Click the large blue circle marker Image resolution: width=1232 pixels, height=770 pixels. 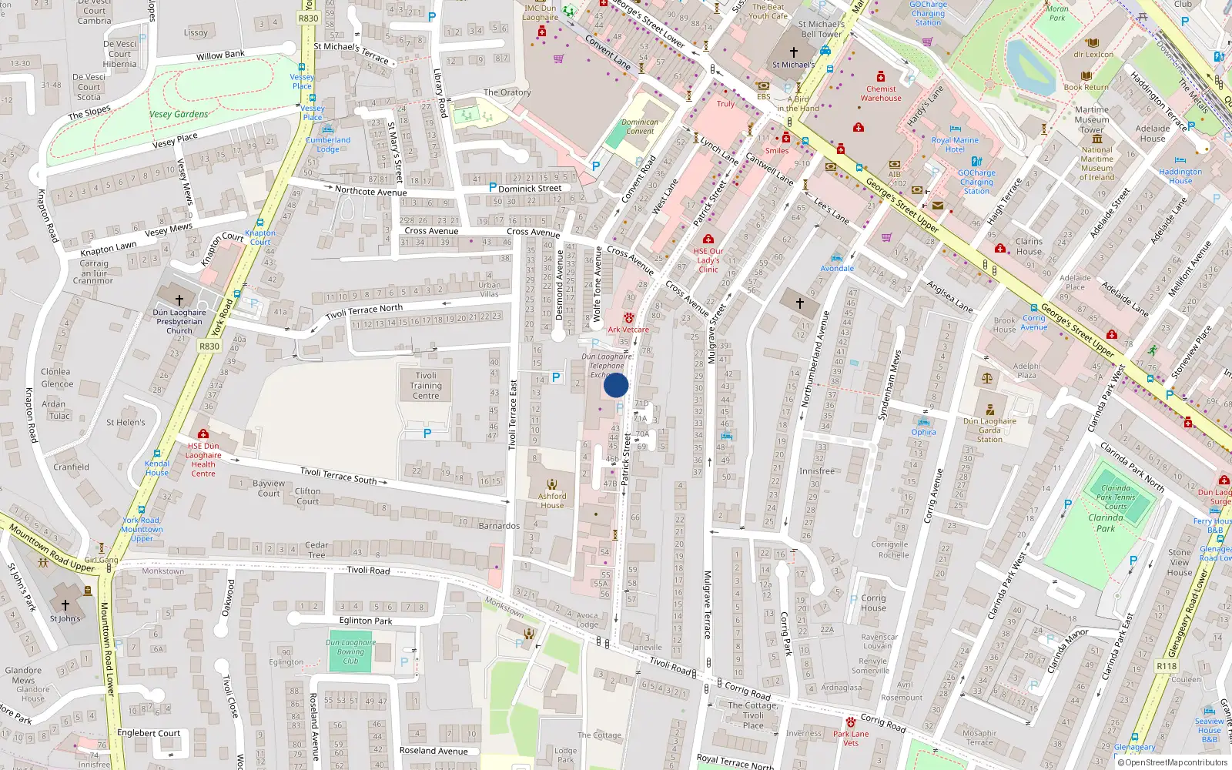[616, 385]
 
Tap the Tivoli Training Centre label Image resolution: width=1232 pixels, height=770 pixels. [425, 386]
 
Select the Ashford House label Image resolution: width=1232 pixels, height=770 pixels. [552, 500]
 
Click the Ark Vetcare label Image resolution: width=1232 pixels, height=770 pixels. [628, 330]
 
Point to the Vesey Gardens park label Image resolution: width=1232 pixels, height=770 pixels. [179, 114]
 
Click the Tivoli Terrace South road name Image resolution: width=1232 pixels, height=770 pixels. [339, 476]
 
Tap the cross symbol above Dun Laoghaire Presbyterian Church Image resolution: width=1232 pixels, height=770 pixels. [179, 300]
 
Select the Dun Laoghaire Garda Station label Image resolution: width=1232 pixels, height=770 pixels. [989, 430]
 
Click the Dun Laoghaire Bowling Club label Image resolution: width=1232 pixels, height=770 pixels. [351, 651]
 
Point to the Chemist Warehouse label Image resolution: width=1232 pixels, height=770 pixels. [881, 93]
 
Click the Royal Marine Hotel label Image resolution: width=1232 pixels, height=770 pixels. [955, 145]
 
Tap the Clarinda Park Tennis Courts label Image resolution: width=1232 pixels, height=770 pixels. [1116, 497]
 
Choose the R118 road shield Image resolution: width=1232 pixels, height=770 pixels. [1167, 666]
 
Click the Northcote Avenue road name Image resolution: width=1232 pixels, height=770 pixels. [370, 191]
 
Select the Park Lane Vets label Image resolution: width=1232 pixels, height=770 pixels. [851, 738]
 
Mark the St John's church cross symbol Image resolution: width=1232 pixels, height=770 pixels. [65, 605]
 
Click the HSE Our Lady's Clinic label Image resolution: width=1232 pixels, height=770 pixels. [708, 259]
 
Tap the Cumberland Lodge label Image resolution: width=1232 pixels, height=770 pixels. [328, 145]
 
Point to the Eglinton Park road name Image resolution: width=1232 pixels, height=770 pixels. [366, 621]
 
